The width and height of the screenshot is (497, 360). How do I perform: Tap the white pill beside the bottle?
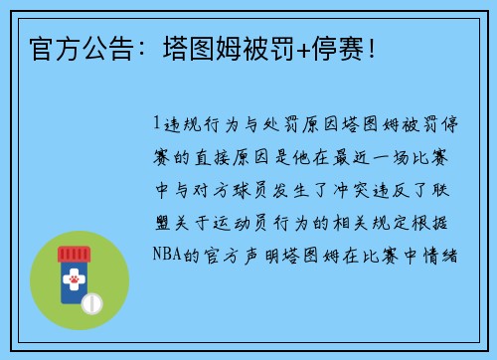[x=91, y=300]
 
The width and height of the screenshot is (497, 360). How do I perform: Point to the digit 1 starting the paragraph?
[x=154, y=125]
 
